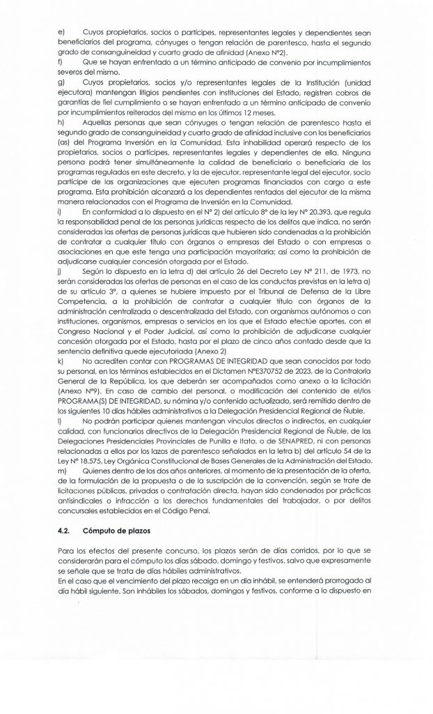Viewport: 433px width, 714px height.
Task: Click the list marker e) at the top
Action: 61,33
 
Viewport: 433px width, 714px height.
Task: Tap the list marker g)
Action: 61,83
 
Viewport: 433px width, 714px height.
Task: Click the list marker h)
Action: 61,123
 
